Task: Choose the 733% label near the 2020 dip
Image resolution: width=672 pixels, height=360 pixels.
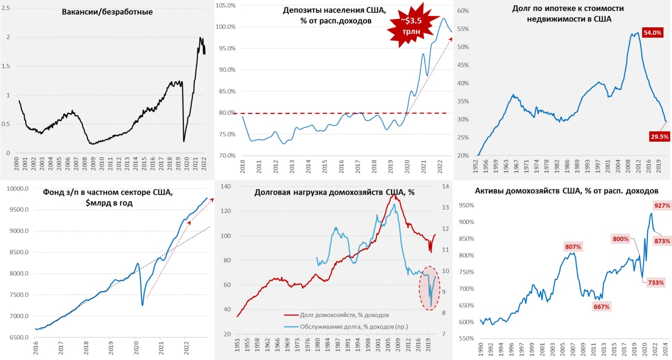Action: coord(655,282)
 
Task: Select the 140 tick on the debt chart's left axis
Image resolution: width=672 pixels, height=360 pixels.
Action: coord(226,187)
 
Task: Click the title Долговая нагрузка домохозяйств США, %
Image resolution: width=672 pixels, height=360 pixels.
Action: coord(334,193)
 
